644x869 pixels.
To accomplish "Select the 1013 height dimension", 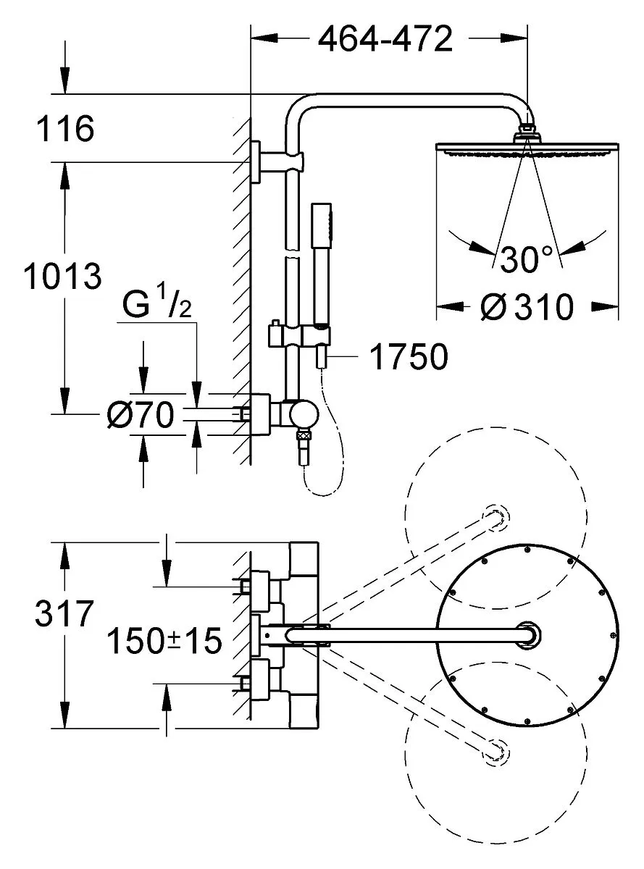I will [x=62, y=277].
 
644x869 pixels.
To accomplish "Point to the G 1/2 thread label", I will [x=156, y=306].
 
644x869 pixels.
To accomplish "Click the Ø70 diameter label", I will [x=141, y=416].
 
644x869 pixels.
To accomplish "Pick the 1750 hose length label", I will [x=408, y=357].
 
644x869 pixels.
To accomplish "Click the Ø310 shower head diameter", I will [x=527, y=308].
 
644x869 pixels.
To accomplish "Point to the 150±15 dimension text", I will [x=164, y=641].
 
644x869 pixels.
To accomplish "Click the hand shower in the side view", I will [x=320, y=275].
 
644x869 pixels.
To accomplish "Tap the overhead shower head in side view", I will [x=528, y=148].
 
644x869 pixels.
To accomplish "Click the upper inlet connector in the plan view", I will [x=258, y=582].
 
